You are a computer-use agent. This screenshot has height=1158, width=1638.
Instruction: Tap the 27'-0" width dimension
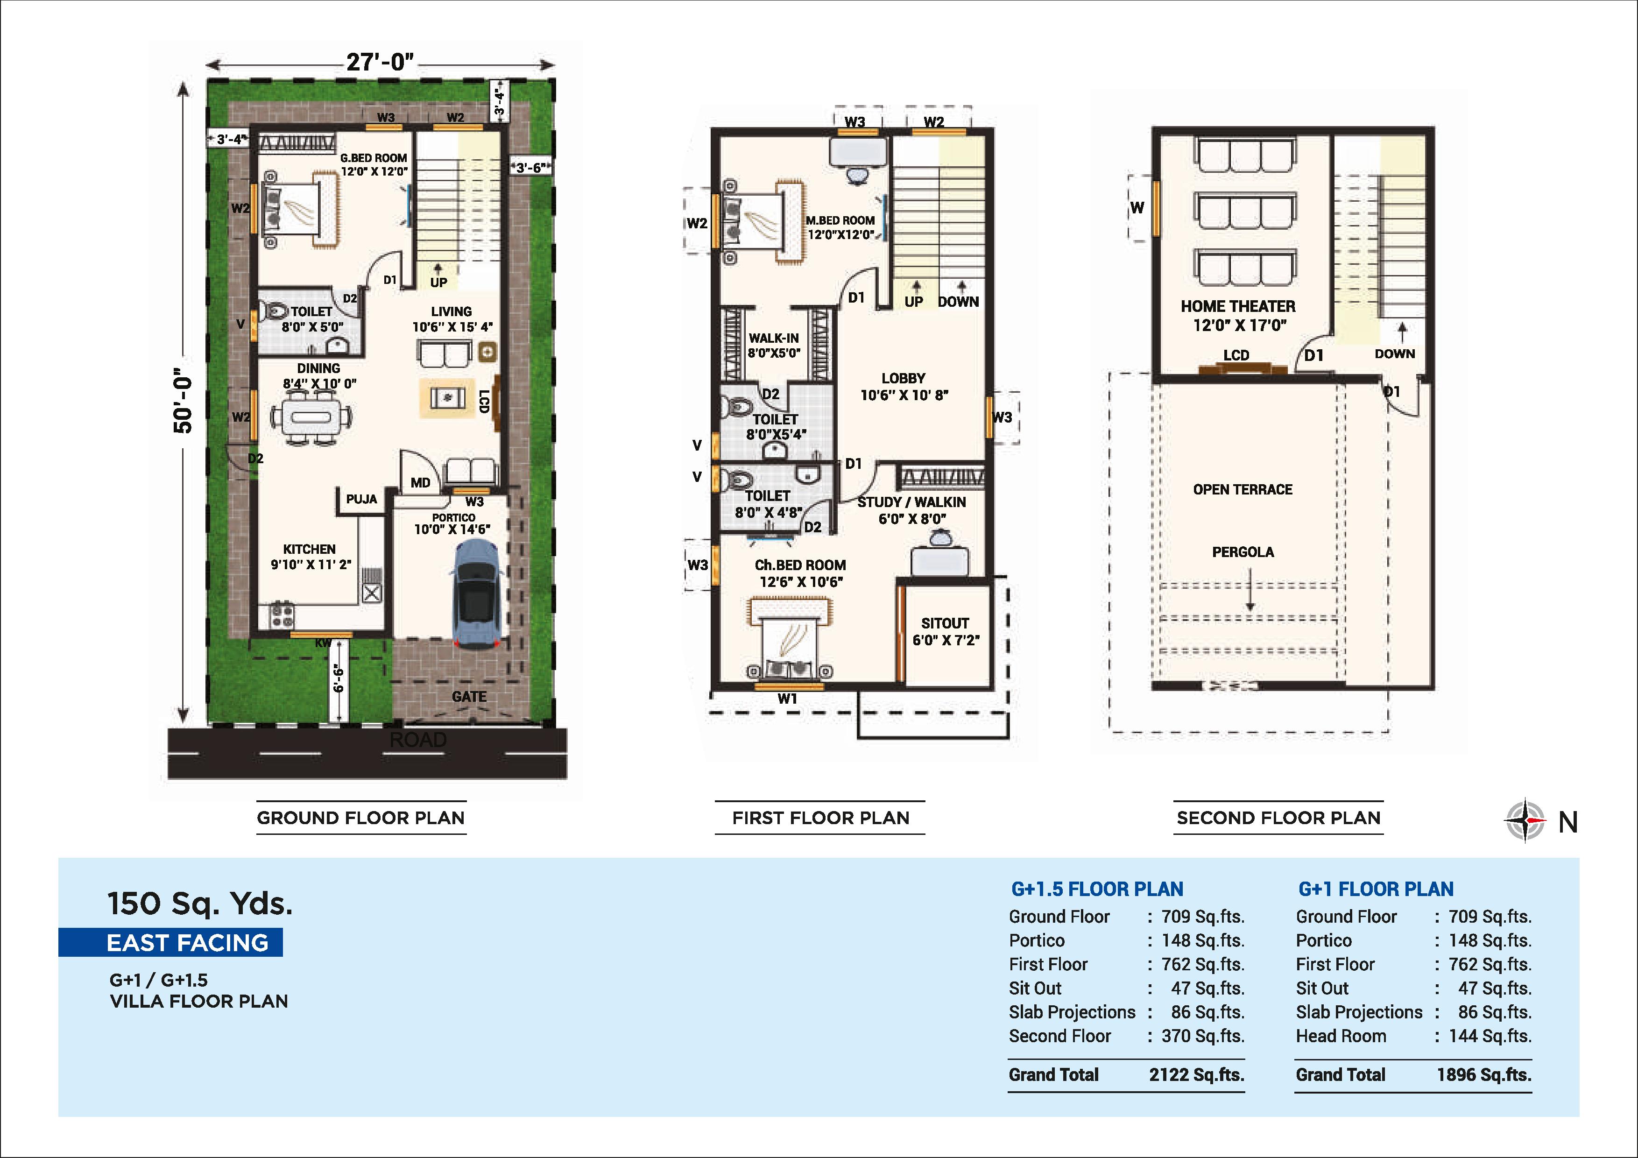point(380,63)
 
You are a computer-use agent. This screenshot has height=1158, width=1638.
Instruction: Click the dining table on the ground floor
point(312,418)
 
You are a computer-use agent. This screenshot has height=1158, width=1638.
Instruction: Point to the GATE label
point(469,696)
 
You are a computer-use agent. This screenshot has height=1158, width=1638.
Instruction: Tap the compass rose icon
point(1525,820)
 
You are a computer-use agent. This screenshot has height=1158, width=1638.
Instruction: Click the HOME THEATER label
point(1238,307)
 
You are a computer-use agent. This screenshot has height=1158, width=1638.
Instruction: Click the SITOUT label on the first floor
point(945,623)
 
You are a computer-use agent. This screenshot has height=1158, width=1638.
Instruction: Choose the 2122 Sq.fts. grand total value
point(1196,1074)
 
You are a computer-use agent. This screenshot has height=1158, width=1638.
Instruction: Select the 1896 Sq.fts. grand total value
point(1484,1074)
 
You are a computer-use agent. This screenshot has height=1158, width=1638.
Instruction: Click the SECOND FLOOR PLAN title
point(1278,818)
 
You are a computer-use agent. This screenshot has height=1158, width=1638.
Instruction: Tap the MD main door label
point(420,483)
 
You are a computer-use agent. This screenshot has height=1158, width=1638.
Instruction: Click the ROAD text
point(418,740)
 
